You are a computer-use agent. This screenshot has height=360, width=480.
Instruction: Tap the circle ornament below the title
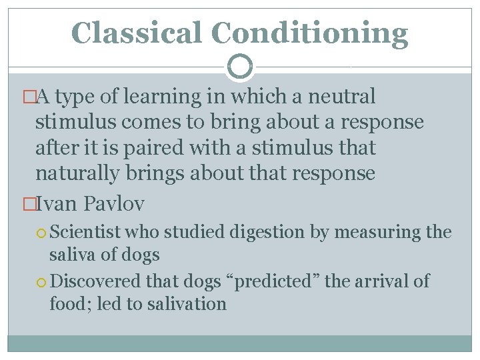pyautogui.click(x=240, y=67)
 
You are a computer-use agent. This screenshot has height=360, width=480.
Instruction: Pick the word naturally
pyautogui.click(x=76, y=173)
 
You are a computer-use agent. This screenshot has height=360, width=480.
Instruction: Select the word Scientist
pyautogui.click(x=85, y=233)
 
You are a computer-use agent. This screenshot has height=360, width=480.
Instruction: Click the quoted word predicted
pyautogui.click(x=273, y=282)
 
